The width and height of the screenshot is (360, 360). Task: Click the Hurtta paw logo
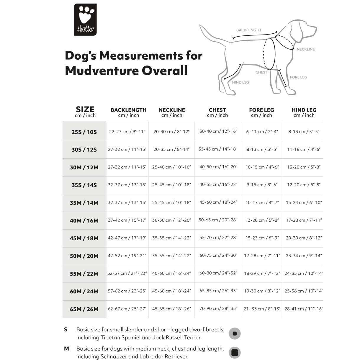tap(85, 19)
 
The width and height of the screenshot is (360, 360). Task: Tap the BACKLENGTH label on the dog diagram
tap(248, 30)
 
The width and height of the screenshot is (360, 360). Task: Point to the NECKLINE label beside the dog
tap(305, 49)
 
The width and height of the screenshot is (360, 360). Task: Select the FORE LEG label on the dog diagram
tap(298, 77)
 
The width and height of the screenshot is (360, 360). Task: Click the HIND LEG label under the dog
tap(240, 83)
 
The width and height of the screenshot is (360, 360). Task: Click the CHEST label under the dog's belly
tap(261, 72)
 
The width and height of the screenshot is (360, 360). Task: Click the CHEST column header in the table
tap(217, 112)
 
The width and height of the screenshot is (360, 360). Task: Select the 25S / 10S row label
tap(84, 132)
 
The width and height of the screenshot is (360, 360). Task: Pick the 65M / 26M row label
tap(84, 309)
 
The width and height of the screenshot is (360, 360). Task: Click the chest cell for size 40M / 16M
tap(218, 220)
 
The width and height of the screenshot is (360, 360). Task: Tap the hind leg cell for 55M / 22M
tap(304, 273)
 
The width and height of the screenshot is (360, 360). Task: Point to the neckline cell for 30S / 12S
tap(171, 149)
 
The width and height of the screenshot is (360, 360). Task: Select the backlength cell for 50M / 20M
tap(127, 256)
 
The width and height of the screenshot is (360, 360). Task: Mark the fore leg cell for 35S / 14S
tap(262, 185)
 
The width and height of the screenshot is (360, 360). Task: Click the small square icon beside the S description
tap(235, 334)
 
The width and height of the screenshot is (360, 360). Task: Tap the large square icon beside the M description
tap(235, 353)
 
